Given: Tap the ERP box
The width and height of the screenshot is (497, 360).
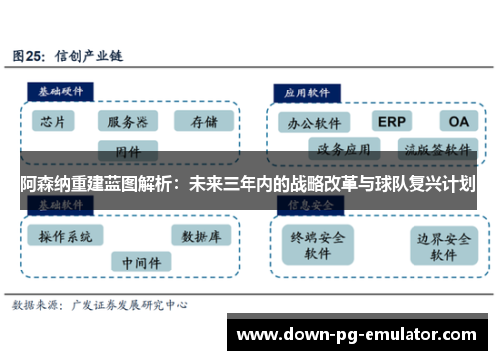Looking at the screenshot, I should pos(391,121).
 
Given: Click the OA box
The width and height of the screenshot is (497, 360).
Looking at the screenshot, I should pos(457,121).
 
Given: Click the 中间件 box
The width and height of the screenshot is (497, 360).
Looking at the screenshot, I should pos(139,263).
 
